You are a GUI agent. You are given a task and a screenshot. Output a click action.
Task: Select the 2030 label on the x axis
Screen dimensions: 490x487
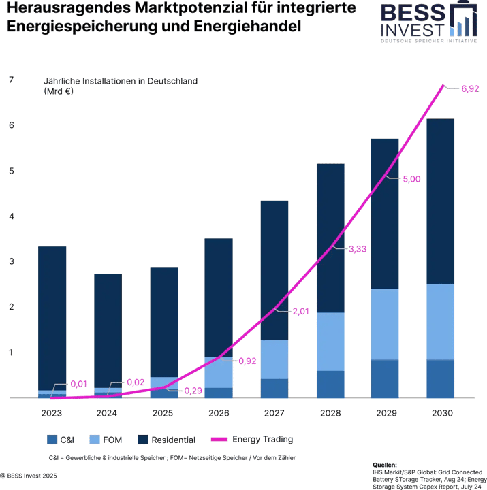(x=442, y=413)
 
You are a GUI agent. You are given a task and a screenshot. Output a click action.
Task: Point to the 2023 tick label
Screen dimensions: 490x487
(x=52, y=413)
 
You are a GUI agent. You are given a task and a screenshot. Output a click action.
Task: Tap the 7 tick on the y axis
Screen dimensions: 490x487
(x=10, y=80)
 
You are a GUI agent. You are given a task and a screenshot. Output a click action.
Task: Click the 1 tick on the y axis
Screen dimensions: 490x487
(x=10, y=352)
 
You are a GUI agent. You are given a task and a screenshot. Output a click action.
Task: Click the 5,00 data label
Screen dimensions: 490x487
(x=411, y=179)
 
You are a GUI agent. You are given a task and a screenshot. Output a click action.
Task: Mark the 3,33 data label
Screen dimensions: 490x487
(x=358, y=250)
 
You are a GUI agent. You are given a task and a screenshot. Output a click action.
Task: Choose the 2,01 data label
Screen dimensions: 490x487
(x=301, y=312)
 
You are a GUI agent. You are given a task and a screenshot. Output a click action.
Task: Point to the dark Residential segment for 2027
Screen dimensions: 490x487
(x=274, y=269)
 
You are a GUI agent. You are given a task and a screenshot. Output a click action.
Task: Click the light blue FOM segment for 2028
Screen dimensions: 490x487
(x=330, y=342)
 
